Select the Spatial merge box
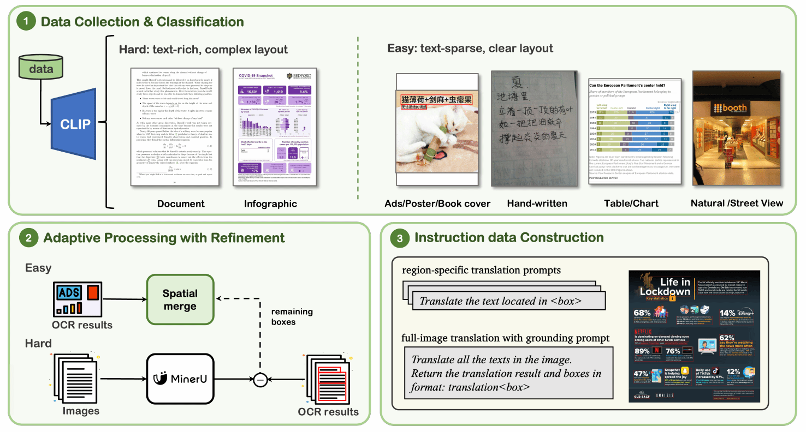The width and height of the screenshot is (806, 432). [180, 299]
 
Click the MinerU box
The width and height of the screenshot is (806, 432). [180, 377]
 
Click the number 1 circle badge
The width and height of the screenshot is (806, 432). [26, 22]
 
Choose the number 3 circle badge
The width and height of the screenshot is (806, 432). [400, 238]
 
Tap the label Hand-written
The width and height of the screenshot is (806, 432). [537, 203]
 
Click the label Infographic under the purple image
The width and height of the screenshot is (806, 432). [271, 204]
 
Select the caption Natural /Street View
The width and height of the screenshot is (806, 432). [737, 203]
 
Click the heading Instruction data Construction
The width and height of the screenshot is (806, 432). [509, 238]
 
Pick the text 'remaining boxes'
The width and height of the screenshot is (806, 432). [292, 317]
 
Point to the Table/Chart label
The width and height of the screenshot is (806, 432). [631, 203]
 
